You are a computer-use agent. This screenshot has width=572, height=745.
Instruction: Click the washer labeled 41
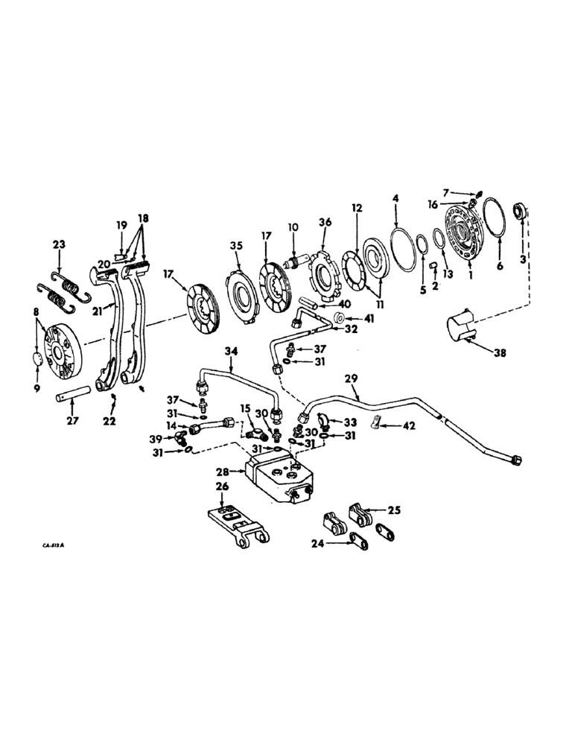pos(339,319)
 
